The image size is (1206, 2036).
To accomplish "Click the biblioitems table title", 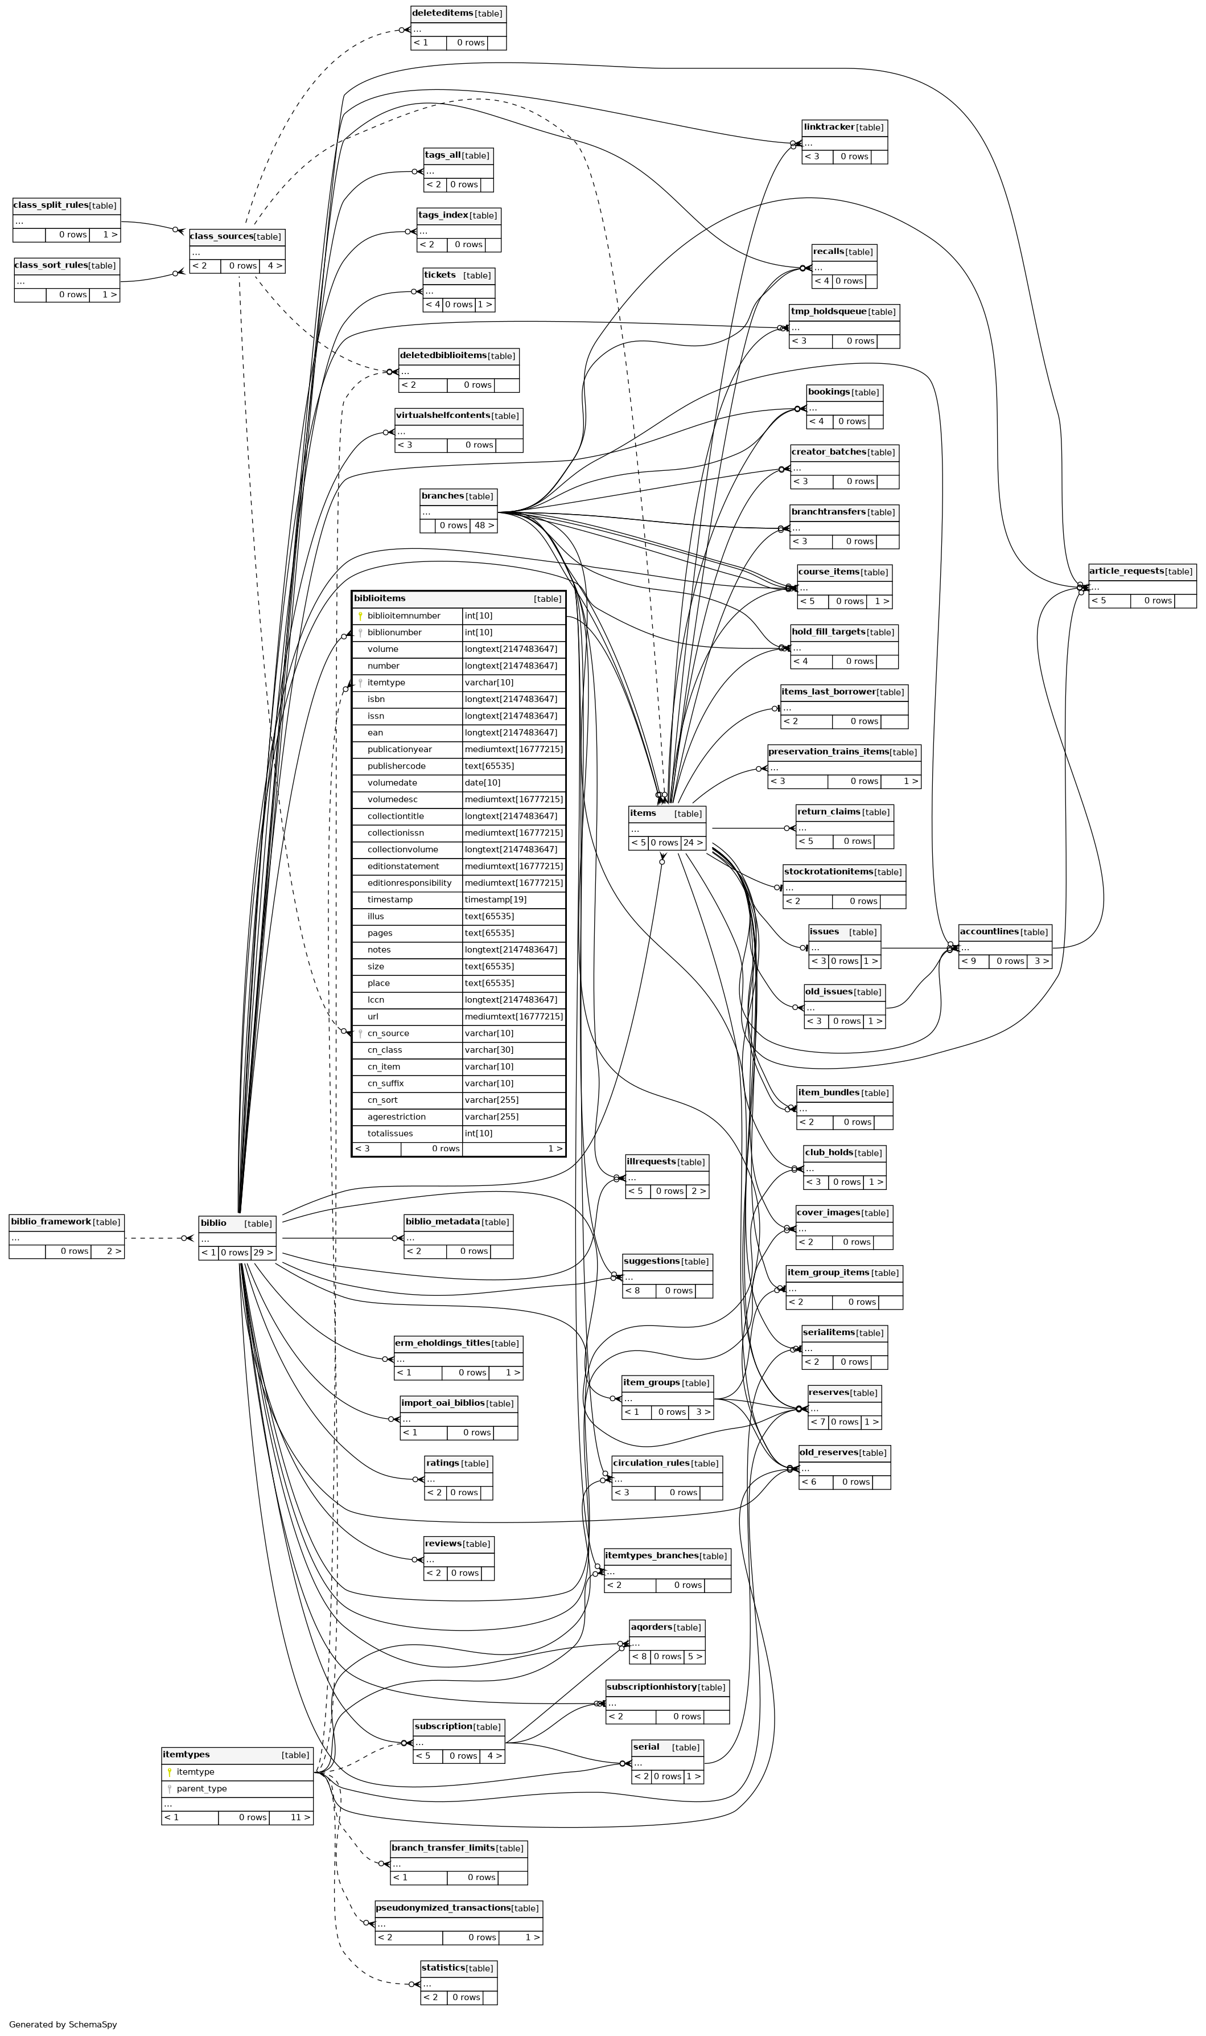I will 380,598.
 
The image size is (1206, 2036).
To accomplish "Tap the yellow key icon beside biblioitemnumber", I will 360,616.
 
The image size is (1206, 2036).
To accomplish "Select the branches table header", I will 458,496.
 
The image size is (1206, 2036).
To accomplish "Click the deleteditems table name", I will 442,13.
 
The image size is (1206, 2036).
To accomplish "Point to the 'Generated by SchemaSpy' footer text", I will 63,2024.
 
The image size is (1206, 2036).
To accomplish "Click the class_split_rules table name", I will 51,205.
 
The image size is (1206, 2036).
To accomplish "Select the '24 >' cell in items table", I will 693,842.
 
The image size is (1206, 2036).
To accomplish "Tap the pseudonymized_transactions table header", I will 458,1907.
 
